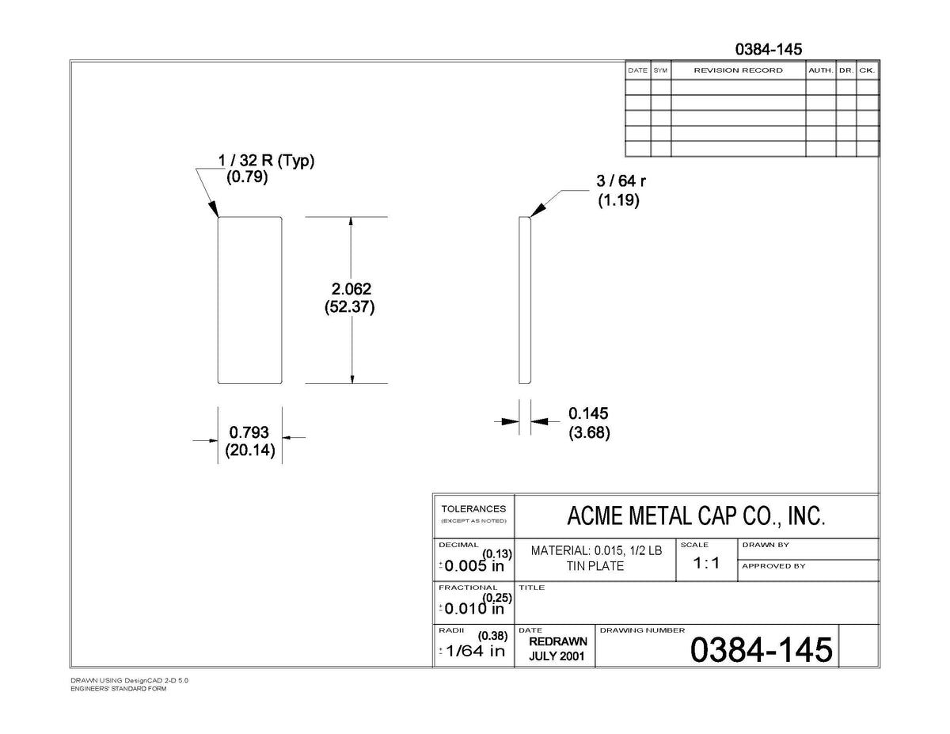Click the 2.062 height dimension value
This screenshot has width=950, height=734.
[x=351, y=289]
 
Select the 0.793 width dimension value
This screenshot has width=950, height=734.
[x=249, y=432]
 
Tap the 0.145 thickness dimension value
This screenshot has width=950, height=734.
[x=588, y=413]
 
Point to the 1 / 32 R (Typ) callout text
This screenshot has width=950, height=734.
[x=266, y=161]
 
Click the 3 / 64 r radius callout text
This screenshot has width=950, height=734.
[x=621, y=181]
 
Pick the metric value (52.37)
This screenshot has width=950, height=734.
[x=350, y=307]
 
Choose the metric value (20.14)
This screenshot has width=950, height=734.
[x=250, y=450]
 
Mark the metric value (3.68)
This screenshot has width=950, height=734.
[x=589, y=432]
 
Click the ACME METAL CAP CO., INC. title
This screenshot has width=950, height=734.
[x=696, y=515]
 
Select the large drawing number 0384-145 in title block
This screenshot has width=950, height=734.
[x=761, y=649]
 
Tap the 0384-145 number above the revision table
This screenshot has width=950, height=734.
[x=769, y=49]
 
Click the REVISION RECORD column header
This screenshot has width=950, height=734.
[x=739, y=70]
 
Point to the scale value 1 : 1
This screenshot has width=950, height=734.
[x=706, y=563]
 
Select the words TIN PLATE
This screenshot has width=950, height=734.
[x=595, y=566]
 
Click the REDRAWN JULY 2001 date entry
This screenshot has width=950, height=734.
[x=557, y=648]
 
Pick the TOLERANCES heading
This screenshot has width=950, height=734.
[x=473, y=509]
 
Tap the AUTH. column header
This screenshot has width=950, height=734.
[x=821, y=70]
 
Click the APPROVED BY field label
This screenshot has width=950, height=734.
[x=773, y=566]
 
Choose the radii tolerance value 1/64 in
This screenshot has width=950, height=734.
[x=475, y=652]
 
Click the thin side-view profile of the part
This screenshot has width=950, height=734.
[x=525, y=300]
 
